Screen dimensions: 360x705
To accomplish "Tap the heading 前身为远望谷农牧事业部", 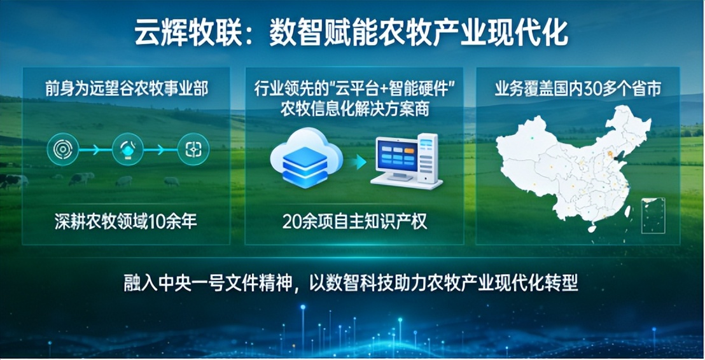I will click(x=126, y=88).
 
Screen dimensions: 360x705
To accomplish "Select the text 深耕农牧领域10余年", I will click(x=126, y=221).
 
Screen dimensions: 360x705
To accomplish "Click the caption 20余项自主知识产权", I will click(x=355, y=221).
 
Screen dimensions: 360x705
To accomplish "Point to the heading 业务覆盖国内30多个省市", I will click(x=578, y=88).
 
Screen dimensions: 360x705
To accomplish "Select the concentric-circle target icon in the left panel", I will click(x=63, y=149).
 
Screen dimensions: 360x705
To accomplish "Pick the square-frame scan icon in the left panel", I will click(x=193, y=149).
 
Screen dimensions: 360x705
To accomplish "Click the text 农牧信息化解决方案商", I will click(x=355, y=109).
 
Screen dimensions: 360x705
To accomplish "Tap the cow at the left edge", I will click(x=13, y=181).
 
